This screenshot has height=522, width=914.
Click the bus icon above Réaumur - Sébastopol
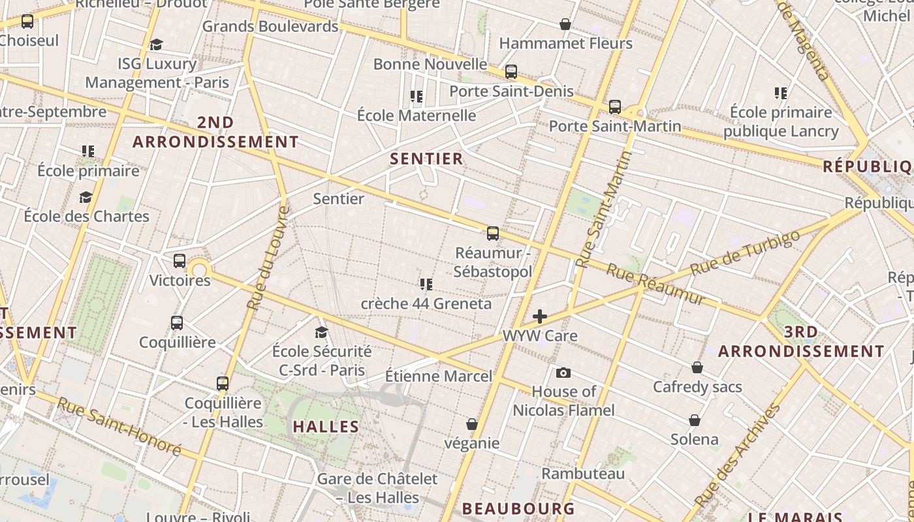(x=493, y=233)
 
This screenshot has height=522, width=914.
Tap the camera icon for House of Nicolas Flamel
(x=563, y=373)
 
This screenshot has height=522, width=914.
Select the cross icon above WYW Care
(x=540, y=316)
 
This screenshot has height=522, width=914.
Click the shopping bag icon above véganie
(x=472, y=424)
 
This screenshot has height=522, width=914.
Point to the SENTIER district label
(x=426, y=159)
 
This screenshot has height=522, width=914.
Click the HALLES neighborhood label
(x=326, y=427)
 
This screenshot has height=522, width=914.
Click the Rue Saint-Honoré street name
(x=119, y=427)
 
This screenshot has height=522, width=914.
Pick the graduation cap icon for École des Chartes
(x=86, y=197)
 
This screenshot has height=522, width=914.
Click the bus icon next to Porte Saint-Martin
(x=614, y=106)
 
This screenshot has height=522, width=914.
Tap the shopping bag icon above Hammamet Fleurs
(x=565, y=25)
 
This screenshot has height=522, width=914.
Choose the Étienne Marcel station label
(x=439, y=376)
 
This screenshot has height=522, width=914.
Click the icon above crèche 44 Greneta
(x=426, y=284)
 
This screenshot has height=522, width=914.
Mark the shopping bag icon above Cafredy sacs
(x=697, y=367)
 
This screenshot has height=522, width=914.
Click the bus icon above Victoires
(x=180, y=261)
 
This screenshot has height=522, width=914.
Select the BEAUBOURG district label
(x=518, y=508)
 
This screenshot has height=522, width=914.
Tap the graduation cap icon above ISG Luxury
(x=156, y=44)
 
